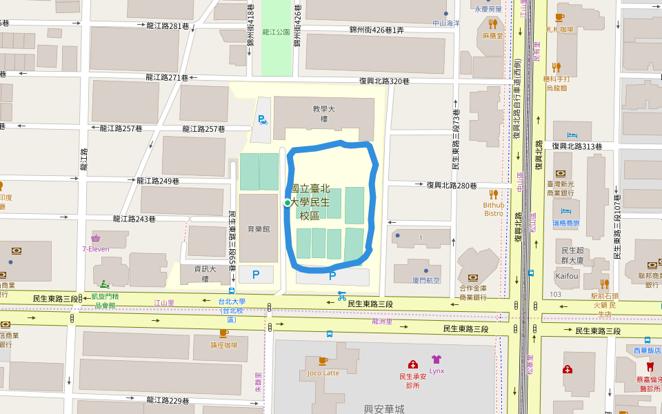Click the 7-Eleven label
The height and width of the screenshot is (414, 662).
96,248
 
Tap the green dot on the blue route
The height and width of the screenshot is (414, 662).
288,202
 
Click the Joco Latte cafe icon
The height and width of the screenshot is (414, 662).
323,361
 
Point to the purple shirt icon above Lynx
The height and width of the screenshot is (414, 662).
436,359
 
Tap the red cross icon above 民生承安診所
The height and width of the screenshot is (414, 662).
412,364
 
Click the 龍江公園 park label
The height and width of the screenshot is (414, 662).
276,32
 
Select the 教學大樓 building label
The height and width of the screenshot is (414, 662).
323,114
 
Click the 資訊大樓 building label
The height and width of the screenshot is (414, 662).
205,274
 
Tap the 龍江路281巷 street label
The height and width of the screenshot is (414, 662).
168,26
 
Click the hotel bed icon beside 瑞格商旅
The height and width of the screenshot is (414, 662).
566,211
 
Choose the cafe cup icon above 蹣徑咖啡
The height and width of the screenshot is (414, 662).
223,333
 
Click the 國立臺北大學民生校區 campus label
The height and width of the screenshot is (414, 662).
310,201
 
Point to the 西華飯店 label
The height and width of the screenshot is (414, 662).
647,351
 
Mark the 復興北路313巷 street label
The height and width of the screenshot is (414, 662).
576,146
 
